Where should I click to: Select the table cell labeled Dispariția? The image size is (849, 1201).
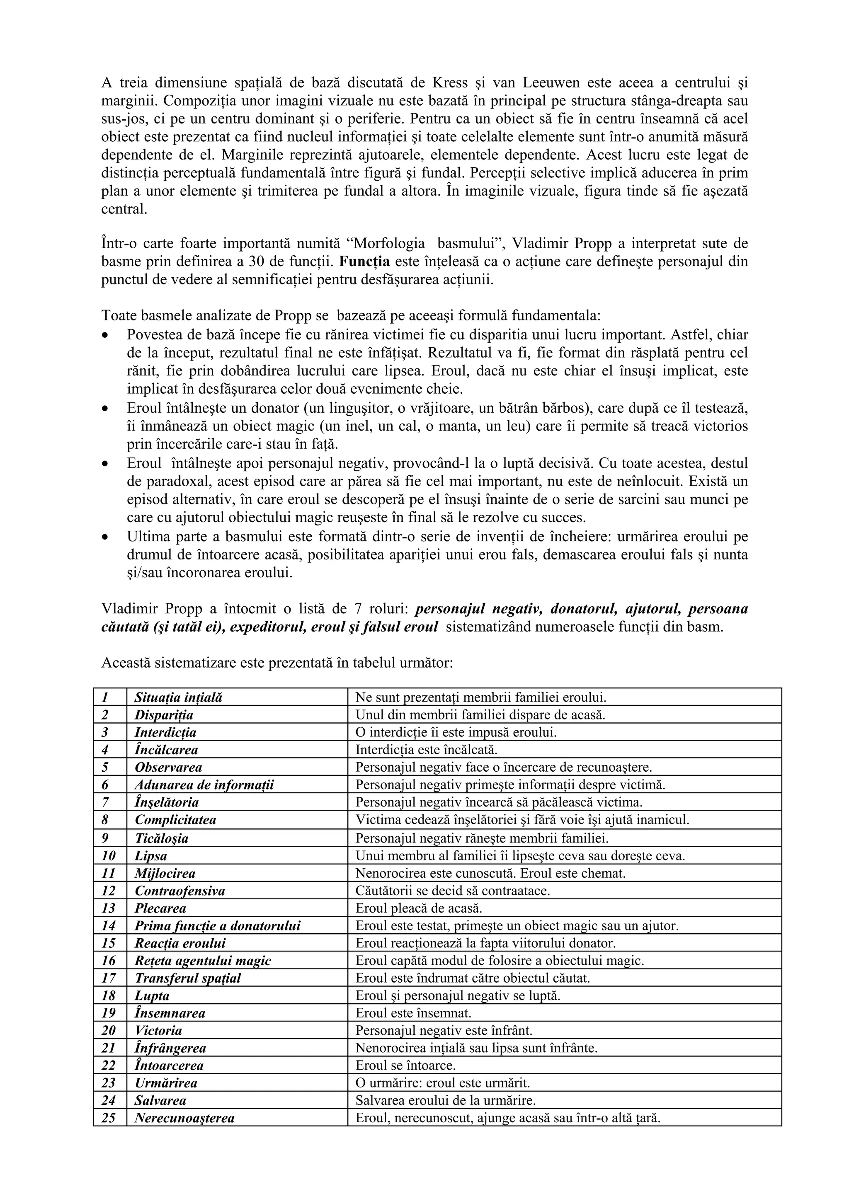(164, 714)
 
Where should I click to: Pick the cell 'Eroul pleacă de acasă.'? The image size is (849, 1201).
(418, 908)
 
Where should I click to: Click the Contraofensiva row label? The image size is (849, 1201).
(180, 890)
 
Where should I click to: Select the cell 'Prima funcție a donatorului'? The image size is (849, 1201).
(218, 925)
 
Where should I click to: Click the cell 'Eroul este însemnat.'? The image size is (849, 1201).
(413, 1013)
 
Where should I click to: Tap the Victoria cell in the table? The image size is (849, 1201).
(158, 1031)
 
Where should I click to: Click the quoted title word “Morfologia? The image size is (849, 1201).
(386, 243)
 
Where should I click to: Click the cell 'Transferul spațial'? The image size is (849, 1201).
(188, 978)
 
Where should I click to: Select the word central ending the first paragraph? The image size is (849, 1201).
(124, 209)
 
